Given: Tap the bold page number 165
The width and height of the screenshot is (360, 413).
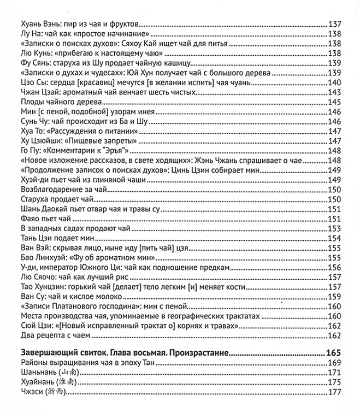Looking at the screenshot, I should [x=333, y=352].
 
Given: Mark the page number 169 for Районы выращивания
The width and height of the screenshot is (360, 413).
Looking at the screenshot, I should [x=334, y=363].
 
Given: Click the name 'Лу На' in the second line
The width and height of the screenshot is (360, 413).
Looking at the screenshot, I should [x=29, y=34].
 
